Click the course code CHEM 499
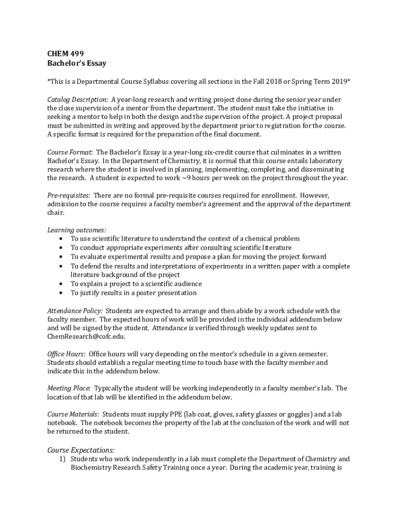coord(66,54)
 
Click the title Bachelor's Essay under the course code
coord(76,63)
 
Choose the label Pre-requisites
coord(69,196)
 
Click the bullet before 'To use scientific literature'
coord(62,239)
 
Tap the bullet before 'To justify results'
coord(62,293)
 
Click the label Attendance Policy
coord(75,311)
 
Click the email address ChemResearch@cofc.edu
coord(86,336)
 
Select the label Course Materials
coord(73,415)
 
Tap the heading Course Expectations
coord(81,450)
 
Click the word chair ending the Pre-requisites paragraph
coord(55,213)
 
